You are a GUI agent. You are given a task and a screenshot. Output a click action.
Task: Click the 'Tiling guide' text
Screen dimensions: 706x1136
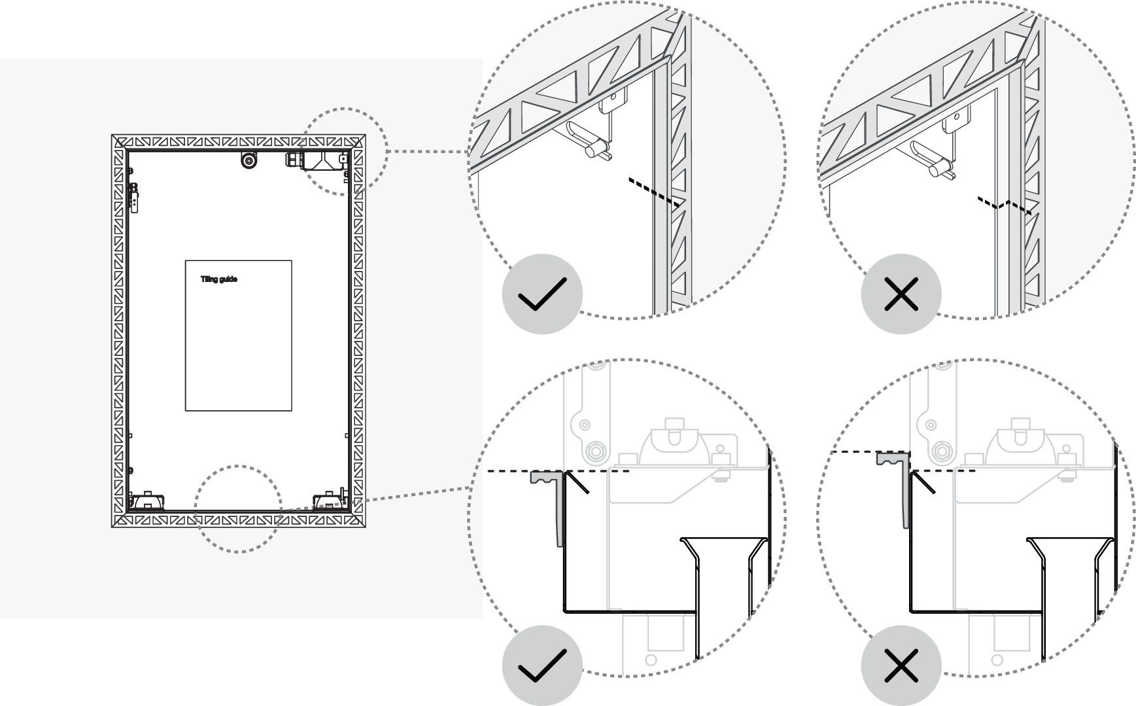218,279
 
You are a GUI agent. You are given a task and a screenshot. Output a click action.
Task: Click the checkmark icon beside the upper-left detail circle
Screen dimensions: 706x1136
542,294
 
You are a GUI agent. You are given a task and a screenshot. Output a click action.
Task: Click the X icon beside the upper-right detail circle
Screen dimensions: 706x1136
901,294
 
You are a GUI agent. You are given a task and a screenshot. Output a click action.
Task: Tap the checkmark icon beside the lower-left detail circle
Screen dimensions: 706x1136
542,666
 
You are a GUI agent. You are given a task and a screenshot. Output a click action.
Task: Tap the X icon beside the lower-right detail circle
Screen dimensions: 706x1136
901,666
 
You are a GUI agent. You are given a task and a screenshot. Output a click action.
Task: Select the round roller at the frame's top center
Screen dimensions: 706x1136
248,160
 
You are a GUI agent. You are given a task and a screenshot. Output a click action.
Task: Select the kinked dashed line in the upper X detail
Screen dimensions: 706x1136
1004,205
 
